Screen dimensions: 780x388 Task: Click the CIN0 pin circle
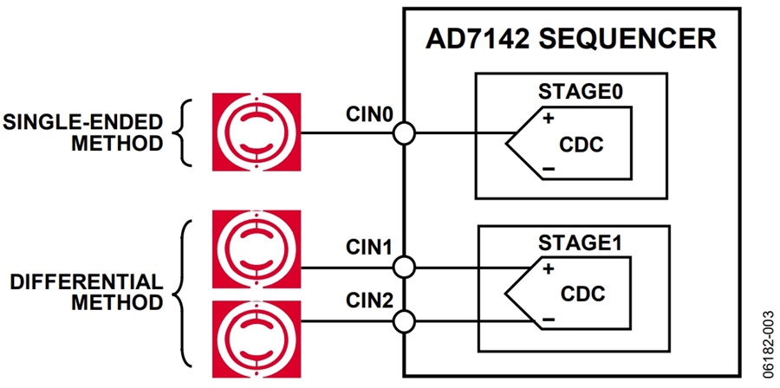point(403,133)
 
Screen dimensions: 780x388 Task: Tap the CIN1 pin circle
point(403,268)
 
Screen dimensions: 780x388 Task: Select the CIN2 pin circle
point(403,322)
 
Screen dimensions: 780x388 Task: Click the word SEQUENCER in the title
point(627,39)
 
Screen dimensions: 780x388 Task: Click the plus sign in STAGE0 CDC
point(549,120)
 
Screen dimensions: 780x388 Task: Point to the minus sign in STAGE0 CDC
point(549,169)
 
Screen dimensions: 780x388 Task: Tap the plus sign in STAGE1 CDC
point(549,269)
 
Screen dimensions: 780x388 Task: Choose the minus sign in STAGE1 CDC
point(549,320)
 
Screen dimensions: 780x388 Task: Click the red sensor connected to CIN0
point(257,133)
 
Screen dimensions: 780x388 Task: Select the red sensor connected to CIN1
point(257,249)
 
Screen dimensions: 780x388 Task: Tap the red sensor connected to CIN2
point(257,339)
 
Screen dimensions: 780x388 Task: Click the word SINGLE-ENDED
point(82,122)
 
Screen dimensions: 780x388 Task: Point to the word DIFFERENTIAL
point(87,281)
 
